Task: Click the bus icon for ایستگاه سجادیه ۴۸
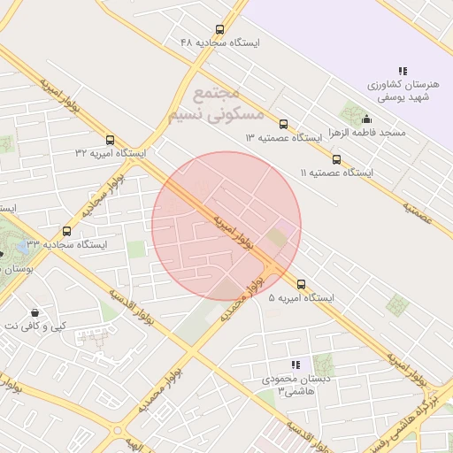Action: (x=219, y=29)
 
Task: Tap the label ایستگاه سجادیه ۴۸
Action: (x=219, y=42)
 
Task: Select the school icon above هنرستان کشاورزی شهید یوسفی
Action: (x=403, y=71)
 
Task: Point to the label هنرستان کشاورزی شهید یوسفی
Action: (x=403, y=90)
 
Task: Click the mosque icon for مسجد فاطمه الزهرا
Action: (x=367, y=120)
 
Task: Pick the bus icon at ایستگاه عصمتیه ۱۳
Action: (x=283, y=125)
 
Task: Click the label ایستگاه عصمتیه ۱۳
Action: (x=283, y=138)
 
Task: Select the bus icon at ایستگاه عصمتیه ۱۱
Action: (x=336, y=160)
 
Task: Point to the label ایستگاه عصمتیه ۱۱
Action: (x=336, y=173)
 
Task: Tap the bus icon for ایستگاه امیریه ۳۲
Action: (x=110, y=140)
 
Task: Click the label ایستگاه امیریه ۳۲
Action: (x=110, y=153)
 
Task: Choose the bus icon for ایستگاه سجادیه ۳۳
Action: (x=66, y=231)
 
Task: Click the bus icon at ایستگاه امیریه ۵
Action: (x=302, y=285)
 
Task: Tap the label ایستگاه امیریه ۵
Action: (x=302, y=298)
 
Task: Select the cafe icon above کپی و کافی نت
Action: (x=35, y=312)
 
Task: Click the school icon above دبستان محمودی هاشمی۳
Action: (x=296, y=365)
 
